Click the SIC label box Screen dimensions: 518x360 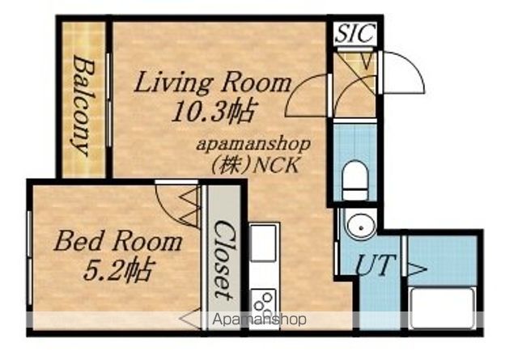(355, 33)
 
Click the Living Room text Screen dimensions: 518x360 (213, 83)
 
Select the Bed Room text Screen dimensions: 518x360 (118, 241)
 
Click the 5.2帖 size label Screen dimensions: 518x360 (119, 270)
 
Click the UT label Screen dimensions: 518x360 (374, 265)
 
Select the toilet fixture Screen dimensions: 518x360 (355, 180)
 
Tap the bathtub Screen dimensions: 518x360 (442, 307)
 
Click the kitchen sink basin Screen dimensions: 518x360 (263, 243)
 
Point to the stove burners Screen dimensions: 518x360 (264, 305)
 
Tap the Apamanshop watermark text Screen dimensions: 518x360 (259, 320)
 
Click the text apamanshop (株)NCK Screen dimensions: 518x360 (253, 155)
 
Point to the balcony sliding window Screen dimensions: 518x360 (108, 100)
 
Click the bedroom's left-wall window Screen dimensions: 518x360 (30, 258)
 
